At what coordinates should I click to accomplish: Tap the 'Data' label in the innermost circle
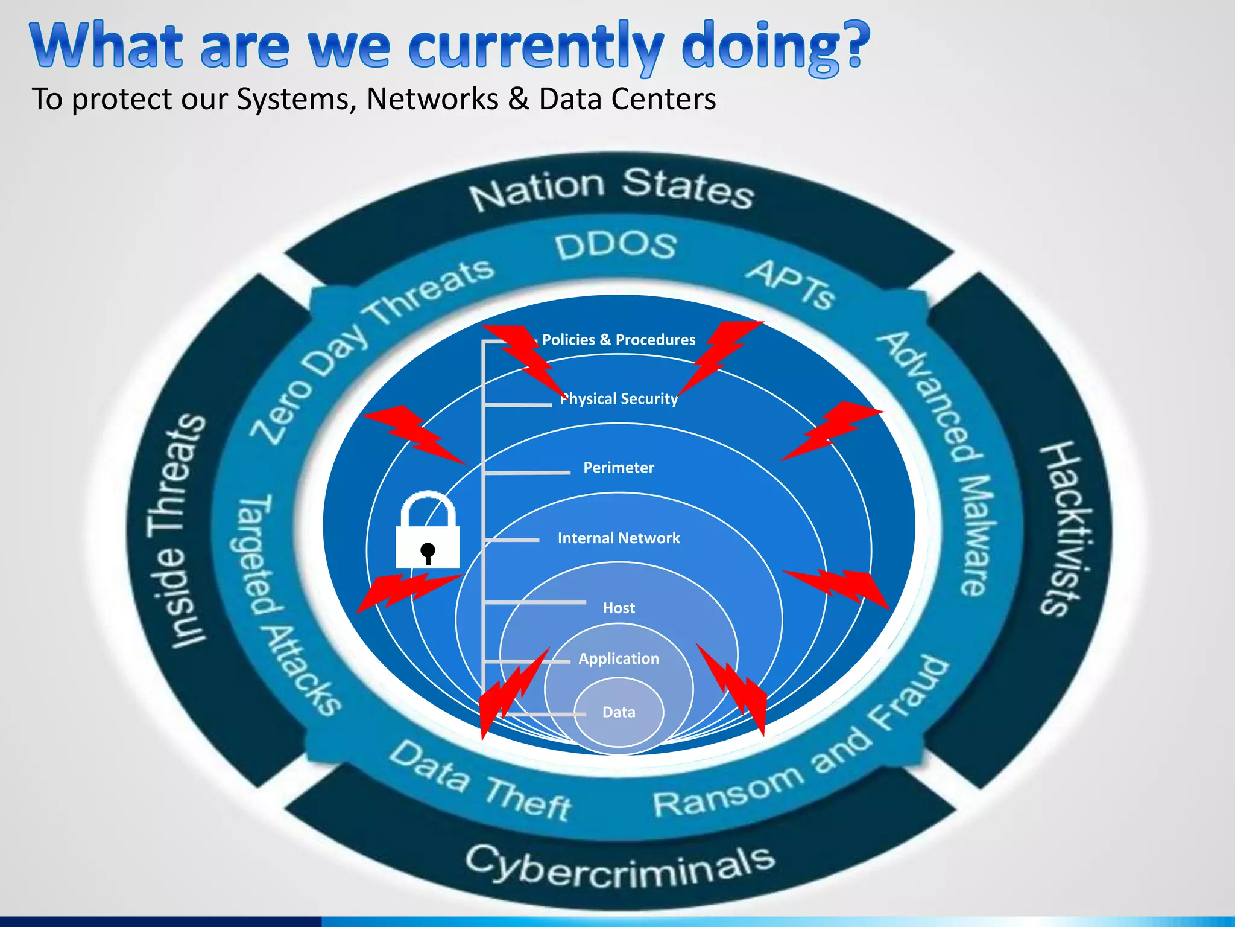click(x=619, y=712)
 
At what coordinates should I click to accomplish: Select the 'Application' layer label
click(x=619, y=658)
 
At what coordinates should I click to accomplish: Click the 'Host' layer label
click(x=619, y=608)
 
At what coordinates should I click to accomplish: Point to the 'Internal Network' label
click(x=619, y=538)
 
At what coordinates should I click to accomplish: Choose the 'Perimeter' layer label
click(x=619, y=468)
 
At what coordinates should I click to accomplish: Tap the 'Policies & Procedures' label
click(x=619, y=340)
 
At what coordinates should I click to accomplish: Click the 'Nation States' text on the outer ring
click(x=611, y=188)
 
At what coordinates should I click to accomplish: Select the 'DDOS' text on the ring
click(x=615, y=246)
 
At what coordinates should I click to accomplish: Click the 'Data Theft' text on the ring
click(x=480, y=782)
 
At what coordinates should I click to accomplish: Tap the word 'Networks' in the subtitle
click(x=432, y=99)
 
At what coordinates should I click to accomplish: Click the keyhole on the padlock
click(x=428, y=552)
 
